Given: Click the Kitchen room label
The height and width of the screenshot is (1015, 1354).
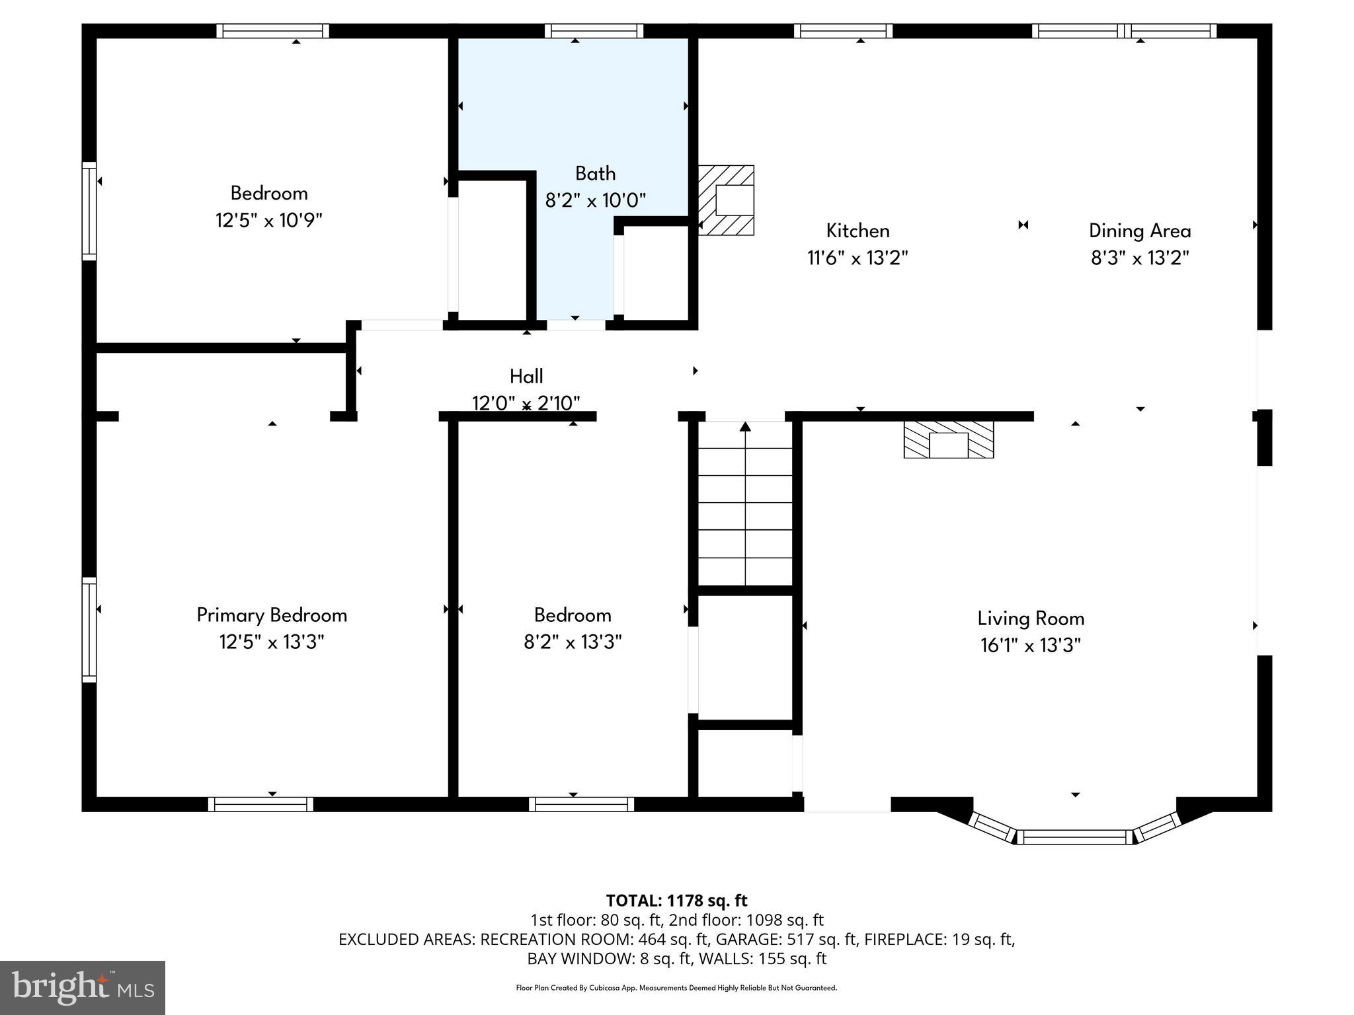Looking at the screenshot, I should [857, 231].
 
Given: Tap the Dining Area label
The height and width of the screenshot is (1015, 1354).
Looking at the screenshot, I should [1140, 231].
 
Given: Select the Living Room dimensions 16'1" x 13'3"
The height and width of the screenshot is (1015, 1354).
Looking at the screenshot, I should [1030, 645].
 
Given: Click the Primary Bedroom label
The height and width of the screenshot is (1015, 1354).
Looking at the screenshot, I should [272, 615].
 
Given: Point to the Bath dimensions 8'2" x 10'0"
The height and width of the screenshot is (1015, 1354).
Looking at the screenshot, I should [595, 200].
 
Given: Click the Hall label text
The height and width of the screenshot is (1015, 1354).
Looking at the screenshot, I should [526, 376].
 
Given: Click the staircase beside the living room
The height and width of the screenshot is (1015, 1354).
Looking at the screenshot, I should [745, 502].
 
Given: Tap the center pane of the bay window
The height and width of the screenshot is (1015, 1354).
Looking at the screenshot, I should [1074, 837].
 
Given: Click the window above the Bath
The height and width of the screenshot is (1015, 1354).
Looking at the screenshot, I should [594, 30].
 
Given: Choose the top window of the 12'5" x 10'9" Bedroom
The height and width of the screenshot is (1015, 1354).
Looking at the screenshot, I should [272, 30].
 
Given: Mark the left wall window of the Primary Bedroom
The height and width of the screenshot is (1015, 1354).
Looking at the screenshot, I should [89, 629].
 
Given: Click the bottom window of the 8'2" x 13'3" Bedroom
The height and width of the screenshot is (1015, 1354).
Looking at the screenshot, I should [581, 804].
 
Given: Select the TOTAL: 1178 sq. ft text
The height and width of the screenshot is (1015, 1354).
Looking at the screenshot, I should [676, 901].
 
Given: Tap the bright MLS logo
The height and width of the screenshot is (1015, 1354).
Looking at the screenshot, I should [83, 987].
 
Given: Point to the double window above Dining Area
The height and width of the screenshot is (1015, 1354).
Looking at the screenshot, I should [1124, 30].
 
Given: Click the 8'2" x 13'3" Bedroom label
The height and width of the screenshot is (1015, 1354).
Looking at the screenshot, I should [573, 615].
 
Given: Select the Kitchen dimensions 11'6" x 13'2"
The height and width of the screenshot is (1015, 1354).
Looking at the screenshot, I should [857, 258].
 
